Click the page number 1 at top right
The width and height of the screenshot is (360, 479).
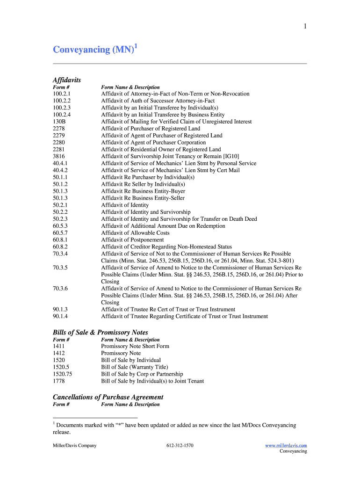click(305, 27)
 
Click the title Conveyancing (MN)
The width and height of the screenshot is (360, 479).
click(94, 50)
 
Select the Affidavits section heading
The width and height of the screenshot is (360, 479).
click(67, 80)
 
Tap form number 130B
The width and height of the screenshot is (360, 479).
click(59, 122)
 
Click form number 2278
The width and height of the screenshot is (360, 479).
click(59, 129)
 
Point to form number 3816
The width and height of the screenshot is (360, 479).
click(59, 156)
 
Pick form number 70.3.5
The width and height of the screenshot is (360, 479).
click(60, 268)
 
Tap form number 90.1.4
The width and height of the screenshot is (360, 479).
click(60, 317)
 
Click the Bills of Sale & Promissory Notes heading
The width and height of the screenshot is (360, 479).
click(100, 333)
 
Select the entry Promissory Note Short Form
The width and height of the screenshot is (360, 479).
click(135, 347)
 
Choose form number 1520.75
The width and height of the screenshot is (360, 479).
click(62, 374)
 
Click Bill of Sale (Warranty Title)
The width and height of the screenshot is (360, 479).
click(135, 367)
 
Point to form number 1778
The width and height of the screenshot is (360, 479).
click(59, 381)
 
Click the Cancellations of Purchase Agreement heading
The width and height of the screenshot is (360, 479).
click(108, 397)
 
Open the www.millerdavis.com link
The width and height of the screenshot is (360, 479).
click(286, 446)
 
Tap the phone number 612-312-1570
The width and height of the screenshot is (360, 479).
click(180, 446)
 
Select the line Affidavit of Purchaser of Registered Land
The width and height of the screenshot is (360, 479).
click(151, 129)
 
